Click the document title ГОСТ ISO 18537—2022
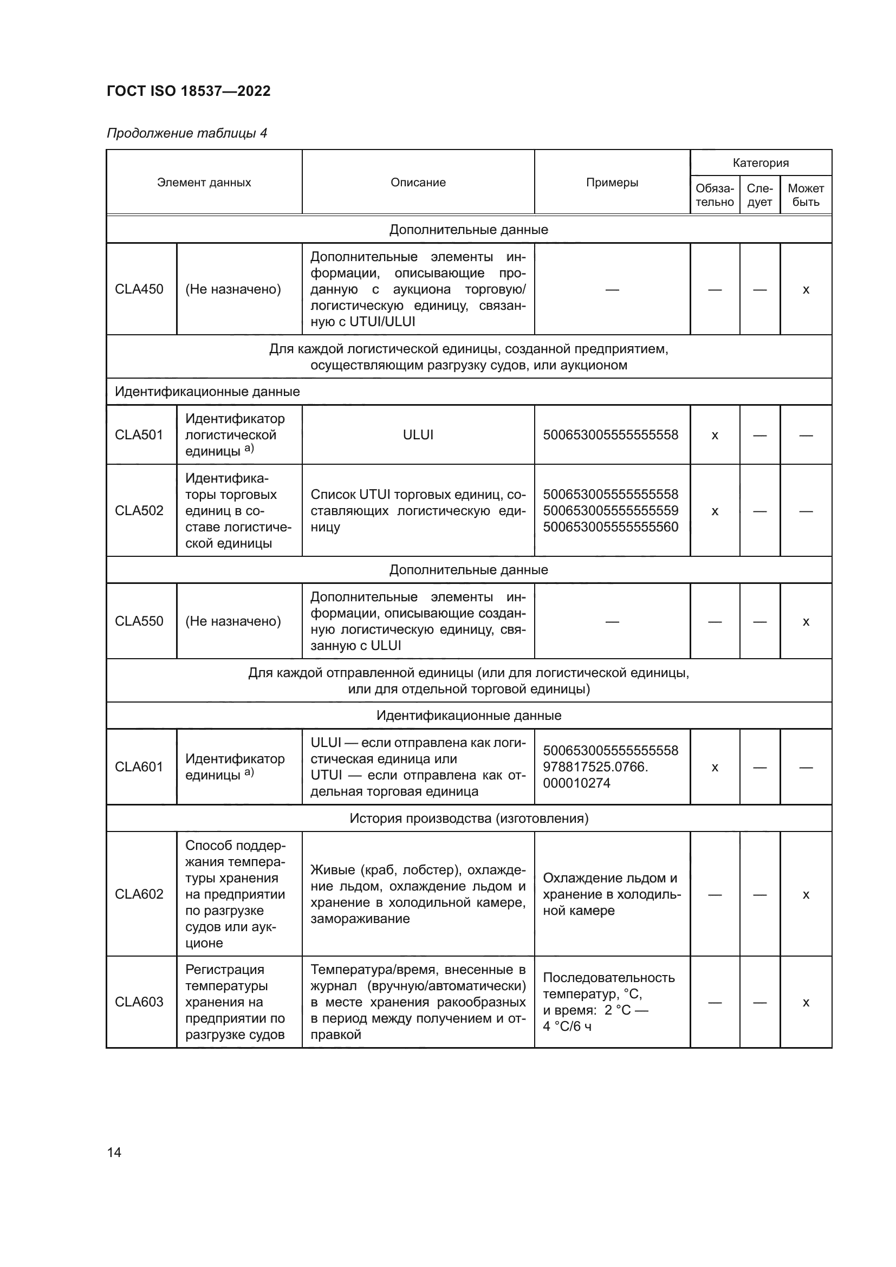click(189, 91)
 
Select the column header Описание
click(418, 183)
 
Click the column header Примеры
click(612, 183)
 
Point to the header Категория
click(760, 163)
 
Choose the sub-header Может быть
click(806, 196)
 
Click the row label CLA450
click(139, 289)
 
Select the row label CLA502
click(139, 510)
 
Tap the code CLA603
click(139, 1002)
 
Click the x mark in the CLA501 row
click(715, 436)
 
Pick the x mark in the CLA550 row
click(806, 622)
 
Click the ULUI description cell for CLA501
click(418, 435)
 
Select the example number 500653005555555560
click(610, 527)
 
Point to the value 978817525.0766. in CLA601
click(595, 767)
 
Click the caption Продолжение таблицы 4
click(186, 133)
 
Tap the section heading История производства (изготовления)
click(469, 818)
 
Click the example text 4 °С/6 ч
click(567, 1026)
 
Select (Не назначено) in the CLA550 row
click(233, 621)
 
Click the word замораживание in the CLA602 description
click(360, 919)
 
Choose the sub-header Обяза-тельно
click(715, 196)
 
